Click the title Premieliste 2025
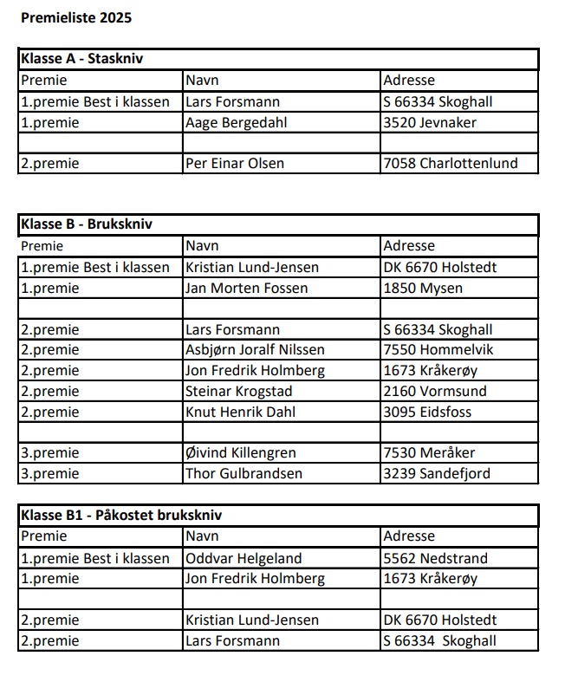click(76, 17)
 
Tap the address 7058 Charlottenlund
click(450, 163)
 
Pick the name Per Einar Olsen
click(235, 163)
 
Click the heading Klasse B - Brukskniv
click(86, 225)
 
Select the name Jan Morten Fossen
click(247, 288)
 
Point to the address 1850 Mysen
click(423, 288)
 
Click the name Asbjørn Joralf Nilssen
click(255, 350)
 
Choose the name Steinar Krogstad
click(238, 391)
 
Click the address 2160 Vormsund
click(435, 391)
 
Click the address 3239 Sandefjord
click(437, 473)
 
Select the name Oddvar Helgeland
click(244, 558)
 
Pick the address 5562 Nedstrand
click(435, 558)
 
